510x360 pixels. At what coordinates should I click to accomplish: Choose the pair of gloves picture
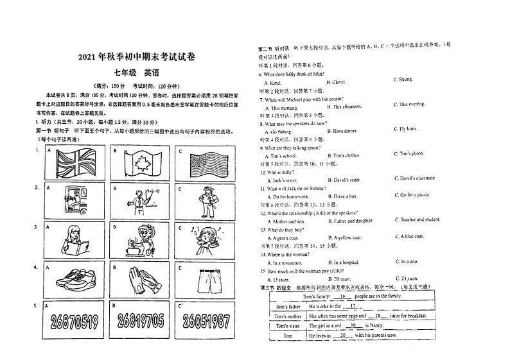click(x=142, y=278)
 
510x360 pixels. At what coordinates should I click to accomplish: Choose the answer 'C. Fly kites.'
click(x=405, y=129)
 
